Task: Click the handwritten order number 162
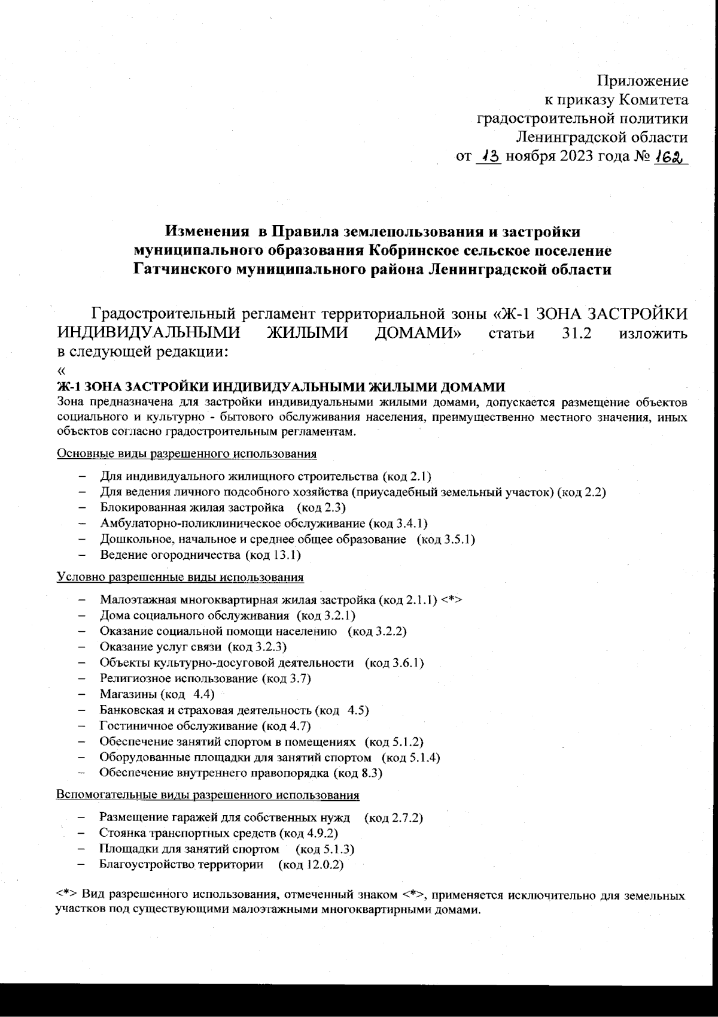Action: pos(670,156)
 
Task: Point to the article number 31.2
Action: pos(577,333)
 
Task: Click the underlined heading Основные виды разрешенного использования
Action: pos(186,453)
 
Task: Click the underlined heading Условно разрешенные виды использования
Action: pos(180,577)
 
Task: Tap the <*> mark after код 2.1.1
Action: pos(452,600)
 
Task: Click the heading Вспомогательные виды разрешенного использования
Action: pos(207,795)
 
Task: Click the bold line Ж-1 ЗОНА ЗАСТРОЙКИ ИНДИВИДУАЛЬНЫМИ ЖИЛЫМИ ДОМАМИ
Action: pos(281,386)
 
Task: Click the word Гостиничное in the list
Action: pos(136,726)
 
